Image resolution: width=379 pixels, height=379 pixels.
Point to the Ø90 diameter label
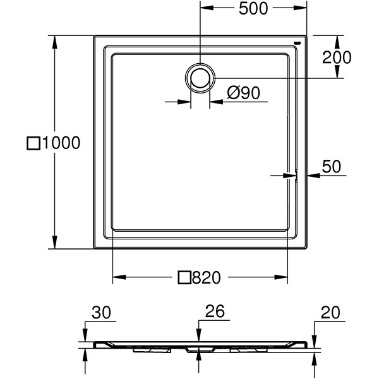point(243,93)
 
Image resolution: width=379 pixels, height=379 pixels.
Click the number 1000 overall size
point(61,143)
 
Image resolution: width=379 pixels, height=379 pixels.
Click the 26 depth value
point(215,313)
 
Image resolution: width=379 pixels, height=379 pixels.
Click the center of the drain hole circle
point(200,77)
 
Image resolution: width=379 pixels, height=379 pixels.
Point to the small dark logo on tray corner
point(298,43)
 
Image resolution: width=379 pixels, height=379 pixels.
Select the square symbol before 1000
point(33,143)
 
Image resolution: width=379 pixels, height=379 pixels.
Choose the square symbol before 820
point(184,277)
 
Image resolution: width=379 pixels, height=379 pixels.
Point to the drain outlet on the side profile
point(200,349)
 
